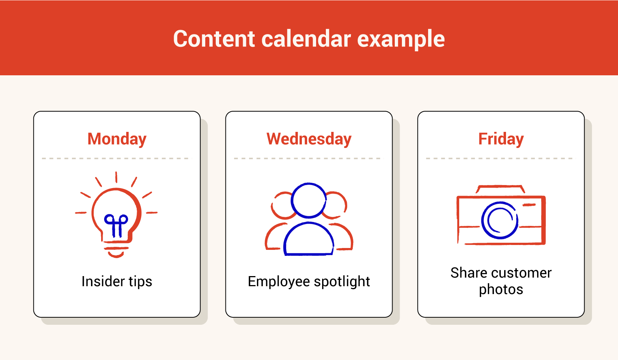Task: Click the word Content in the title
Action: pos(214,39)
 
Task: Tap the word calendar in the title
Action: pos(306,39)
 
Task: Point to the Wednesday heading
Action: pos(309,139)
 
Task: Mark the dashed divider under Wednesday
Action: pos(309,158)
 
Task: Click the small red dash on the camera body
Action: pos(529,205)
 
